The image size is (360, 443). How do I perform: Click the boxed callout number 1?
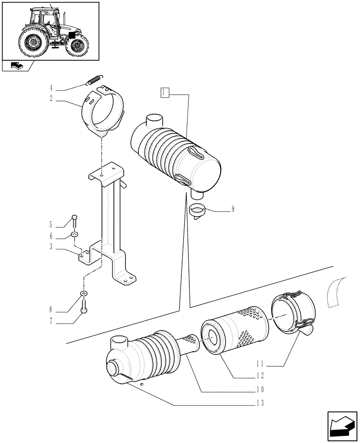coord(164,93)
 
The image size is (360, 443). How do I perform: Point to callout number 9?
coord(233,209)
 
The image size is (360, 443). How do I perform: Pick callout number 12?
coord(260,376)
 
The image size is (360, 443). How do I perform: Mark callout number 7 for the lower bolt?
coord(51,321)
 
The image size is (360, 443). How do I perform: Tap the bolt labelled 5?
coord(74,220)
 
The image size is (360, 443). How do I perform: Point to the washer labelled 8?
coord(83,293)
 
